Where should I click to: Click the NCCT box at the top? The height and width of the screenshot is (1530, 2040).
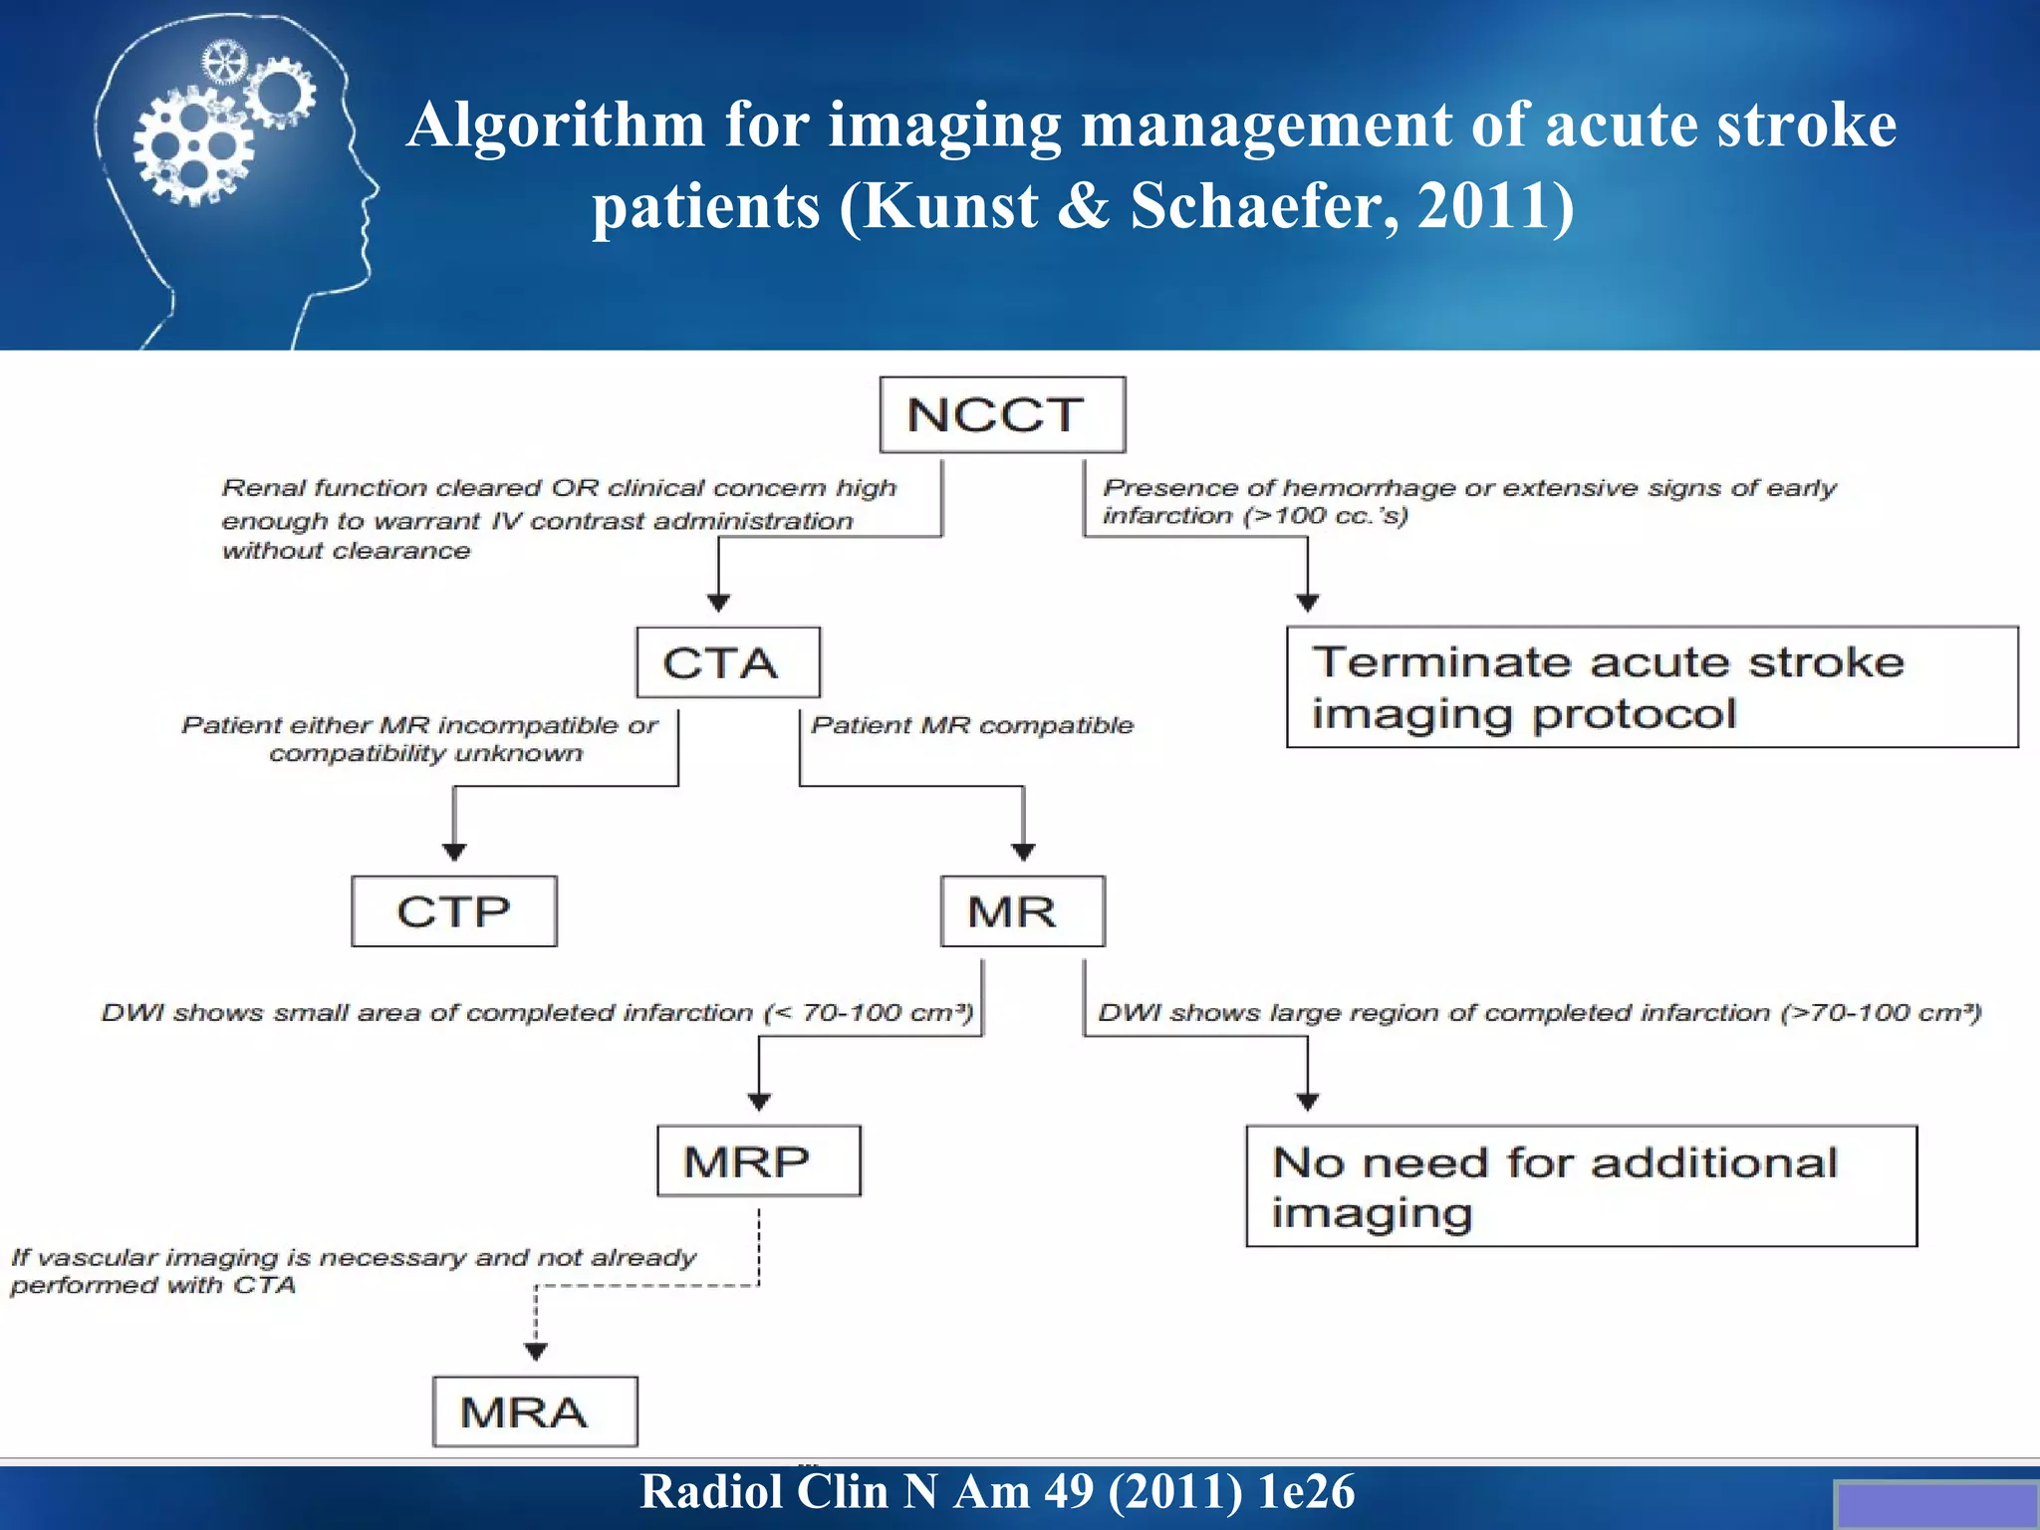(1002, 414)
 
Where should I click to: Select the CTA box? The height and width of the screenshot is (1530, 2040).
(728, 662)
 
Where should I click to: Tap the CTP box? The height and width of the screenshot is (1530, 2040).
(454, 911)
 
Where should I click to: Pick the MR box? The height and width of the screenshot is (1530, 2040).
(1022, 911)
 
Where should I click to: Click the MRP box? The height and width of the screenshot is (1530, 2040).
(758, 1161)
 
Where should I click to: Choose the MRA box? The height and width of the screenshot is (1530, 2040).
(535, 1411)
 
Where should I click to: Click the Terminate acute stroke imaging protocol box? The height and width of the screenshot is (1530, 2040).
(1652, 687)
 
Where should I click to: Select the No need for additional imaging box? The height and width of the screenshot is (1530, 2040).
(1581, 1186)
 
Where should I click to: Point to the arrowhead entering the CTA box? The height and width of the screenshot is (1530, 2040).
(718, 603)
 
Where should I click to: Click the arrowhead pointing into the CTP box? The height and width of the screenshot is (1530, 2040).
(454, 852)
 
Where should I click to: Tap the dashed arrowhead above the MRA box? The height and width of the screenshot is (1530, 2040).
(536, 1352)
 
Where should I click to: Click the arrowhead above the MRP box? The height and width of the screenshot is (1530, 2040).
(759, 1102)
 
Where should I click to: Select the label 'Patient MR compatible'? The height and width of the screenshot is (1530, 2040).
(972, 725)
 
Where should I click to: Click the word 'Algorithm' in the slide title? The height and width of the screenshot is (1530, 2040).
(557, 126)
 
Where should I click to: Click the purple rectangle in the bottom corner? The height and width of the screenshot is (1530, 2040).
(1934, 1505)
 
